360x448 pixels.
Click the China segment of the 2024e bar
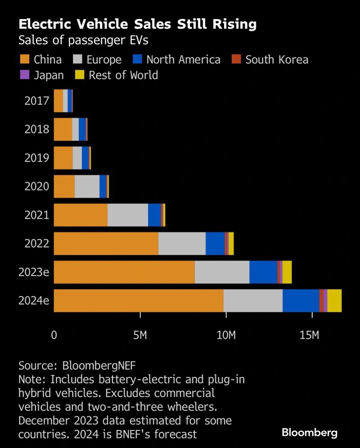(x=139, y=301)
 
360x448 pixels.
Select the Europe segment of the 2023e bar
(x=222, y=272)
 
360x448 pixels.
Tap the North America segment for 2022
(x=215, y=244)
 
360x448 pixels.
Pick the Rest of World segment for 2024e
(x=334, y=301)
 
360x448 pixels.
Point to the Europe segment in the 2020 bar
(x=87, y=186)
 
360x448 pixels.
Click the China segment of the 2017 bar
(x=58, y=100)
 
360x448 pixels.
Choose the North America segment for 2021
(x=154, y=215)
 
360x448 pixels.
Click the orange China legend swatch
(x=24, y=59)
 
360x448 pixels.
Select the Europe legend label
(x=104, y=59)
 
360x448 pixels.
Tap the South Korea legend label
(x=277, y=59)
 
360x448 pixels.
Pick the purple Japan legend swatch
(x=24, y=75)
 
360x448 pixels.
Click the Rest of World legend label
(x=123, y=75)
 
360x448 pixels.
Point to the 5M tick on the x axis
(x=140, y=335)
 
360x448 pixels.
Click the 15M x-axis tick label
(x=312, y=335)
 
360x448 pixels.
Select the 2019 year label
(x=36, y=158)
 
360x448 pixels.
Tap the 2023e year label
(x=34, y=272)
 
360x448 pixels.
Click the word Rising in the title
(x=229, y=24)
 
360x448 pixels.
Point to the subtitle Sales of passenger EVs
(x=83, y=41)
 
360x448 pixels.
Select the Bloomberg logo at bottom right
(x=309, y=433)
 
